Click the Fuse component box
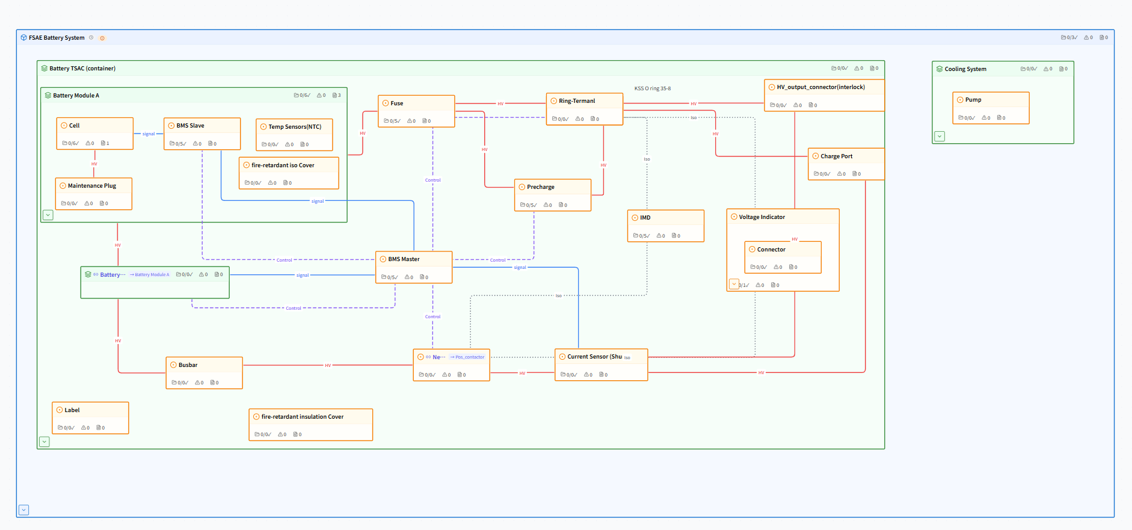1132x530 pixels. click(416, 111)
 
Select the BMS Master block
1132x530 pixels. click(414, 267)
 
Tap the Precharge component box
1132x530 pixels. click(552, 195)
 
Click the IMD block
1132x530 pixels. click(665, 226)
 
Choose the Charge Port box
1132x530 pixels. click(846, 164)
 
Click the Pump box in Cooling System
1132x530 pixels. click(991, 108)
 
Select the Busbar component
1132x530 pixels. click(204, 372)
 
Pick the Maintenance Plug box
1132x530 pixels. click(93, 193)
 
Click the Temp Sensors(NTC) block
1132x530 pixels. click(294, 134)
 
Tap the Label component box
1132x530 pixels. click(90, 418)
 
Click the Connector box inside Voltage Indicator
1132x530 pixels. click(783, 257)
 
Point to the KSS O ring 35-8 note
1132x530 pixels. click(653, 88)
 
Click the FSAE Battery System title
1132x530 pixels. click(57, 38)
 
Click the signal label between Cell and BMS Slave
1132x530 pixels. click(149, 134)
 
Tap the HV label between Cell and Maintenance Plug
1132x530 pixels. click(94, 164)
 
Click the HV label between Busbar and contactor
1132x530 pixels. click(328, 365)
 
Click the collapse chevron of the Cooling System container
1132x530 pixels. click(940, 137)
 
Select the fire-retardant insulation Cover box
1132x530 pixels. click(310, 424)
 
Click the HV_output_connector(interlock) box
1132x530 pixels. click(823, 95)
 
